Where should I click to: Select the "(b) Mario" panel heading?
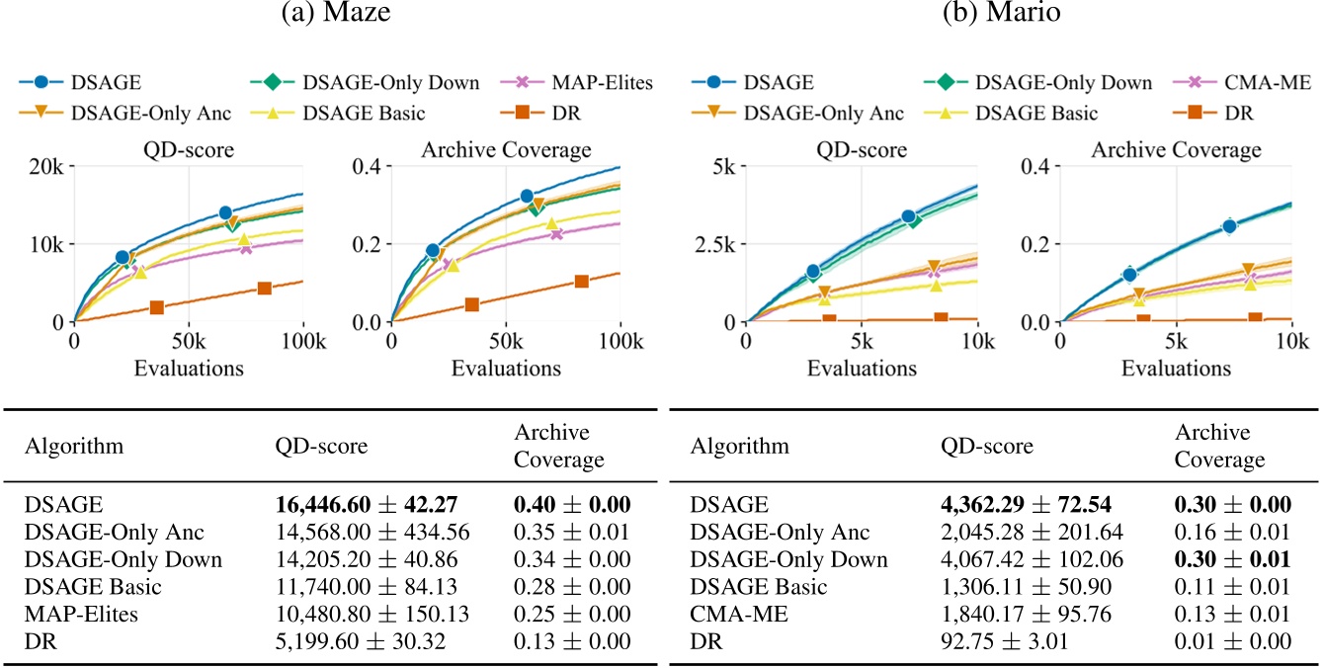992,16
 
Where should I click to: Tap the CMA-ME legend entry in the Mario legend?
1249,83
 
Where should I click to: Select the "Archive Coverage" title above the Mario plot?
1176,150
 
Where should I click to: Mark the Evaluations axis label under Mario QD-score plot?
862,369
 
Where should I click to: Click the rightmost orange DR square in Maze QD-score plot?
264,289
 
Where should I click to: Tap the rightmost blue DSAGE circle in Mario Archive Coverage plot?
1229,226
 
